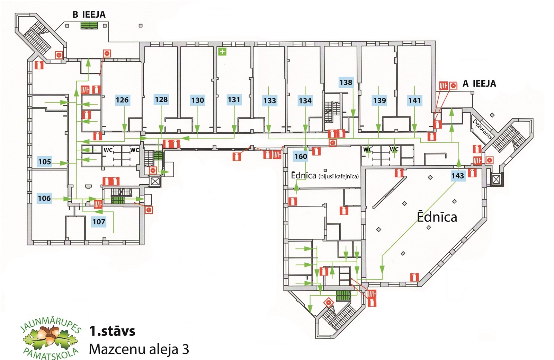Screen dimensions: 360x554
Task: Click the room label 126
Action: click(122, 100)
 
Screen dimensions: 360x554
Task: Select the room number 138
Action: click(346, 82)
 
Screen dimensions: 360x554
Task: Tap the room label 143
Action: click(457, 176)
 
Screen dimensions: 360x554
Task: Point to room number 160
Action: click(301, 156)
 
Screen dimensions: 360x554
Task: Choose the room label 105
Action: click(44, 161)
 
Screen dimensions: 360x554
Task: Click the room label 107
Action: click(99, 222)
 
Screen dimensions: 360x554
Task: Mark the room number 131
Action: click(234, 100)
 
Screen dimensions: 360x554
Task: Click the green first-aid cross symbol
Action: click(222, 52)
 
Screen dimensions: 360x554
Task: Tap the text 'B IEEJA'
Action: click(89, 15)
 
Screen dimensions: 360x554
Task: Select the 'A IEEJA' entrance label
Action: click(479, 84)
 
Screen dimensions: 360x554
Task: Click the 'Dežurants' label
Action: click(482, 129)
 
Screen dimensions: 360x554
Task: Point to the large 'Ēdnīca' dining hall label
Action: click(437, 217)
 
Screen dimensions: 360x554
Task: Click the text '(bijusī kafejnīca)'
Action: click(338, 176)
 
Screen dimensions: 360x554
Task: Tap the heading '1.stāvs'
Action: click(112, 331)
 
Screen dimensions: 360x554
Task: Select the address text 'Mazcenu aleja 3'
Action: click(139, 349)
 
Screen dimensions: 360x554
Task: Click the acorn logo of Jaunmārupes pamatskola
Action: click(51, 338)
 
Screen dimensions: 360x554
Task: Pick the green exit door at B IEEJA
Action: click(89, 25)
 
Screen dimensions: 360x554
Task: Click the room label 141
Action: click(414, 100)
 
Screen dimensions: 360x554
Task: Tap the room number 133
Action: click(269, 101)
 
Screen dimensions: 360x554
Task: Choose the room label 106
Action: click(44, 198)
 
